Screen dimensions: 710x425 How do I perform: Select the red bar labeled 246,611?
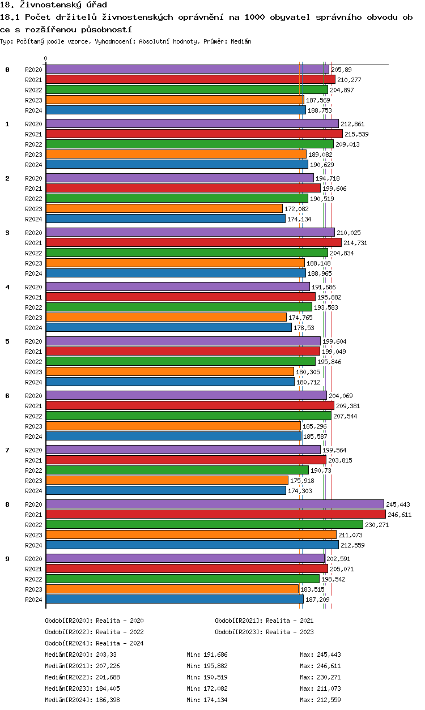(215, 514)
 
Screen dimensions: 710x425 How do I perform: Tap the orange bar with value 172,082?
(164, 208)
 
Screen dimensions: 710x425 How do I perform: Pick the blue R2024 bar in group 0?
(176, 110)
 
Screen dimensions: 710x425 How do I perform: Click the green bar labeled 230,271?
(204, 524)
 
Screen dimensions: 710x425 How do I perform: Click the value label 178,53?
(304, 328)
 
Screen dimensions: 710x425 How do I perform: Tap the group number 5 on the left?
(7, 341)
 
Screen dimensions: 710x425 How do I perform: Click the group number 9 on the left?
(7, 559)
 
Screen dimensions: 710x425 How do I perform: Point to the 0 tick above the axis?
(46, 59)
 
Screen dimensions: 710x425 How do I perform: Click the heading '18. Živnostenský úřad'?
(53, 5)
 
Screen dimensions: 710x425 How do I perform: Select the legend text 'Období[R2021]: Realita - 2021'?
(264, 621)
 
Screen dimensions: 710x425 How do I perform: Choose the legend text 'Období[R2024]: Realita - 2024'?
(94, 643)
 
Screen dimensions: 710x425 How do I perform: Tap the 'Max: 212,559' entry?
(320, 700)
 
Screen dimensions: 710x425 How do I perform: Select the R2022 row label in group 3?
(33, 253)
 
